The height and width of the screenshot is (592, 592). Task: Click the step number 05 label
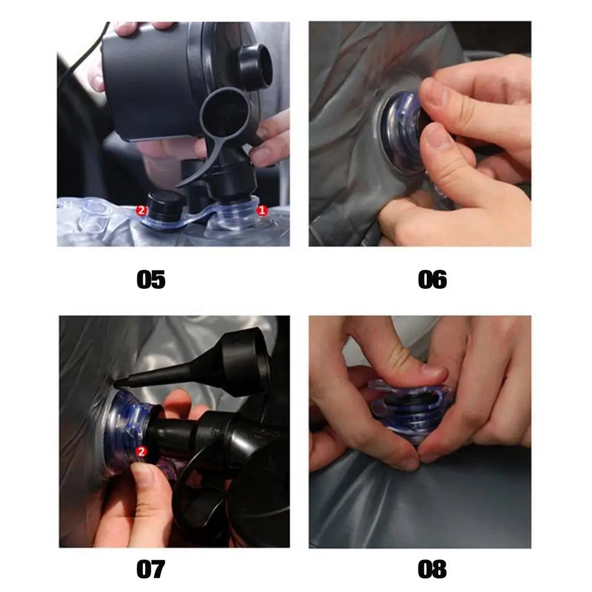tap(151, 279)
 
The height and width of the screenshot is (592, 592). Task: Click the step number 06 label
tap(432, 279)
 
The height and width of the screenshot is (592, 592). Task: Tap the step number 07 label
tap(151, 569)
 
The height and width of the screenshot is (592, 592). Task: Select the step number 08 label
tap(432, 569)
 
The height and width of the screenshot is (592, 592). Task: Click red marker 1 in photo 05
tap(262, 210)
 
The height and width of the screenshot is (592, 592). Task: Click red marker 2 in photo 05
tap(141, 210)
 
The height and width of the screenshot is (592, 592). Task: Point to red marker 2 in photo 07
tap(141, 452)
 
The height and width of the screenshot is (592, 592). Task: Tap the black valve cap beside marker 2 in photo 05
tap(165, 206)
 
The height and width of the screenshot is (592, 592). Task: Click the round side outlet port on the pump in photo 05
tap(255, 67)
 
